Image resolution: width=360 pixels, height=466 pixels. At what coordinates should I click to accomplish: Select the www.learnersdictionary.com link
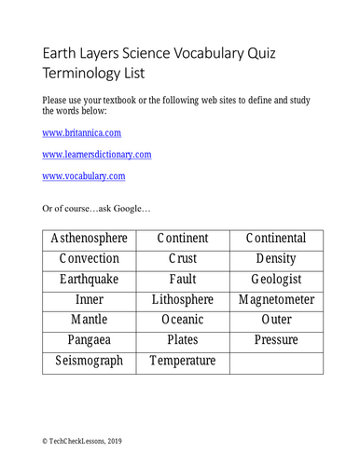[97, 153]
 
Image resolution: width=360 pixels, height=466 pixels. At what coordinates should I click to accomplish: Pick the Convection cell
[90, 258]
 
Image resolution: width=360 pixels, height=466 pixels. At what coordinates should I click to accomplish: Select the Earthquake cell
[90, 279]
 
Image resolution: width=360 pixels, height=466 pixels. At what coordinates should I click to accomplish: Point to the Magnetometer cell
[276, 299]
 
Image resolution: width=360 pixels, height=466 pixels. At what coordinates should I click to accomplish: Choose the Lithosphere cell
[183, 299]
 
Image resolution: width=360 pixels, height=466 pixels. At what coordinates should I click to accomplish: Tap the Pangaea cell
[90, 340]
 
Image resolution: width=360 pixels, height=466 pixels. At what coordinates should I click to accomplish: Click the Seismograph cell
[90, 361]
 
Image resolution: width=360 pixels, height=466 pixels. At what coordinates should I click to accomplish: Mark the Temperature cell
[183, 361]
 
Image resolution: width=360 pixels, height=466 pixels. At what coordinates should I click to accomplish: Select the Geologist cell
[276, 279]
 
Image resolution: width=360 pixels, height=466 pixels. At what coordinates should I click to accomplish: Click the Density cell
[276, 258]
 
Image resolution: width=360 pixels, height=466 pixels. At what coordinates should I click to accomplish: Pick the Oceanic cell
[183, 320]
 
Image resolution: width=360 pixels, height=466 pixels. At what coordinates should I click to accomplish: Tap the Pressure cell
[276, 340]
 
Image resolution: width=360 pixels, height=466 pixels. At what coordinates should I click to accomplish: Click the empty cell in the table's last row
[276, 361]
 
